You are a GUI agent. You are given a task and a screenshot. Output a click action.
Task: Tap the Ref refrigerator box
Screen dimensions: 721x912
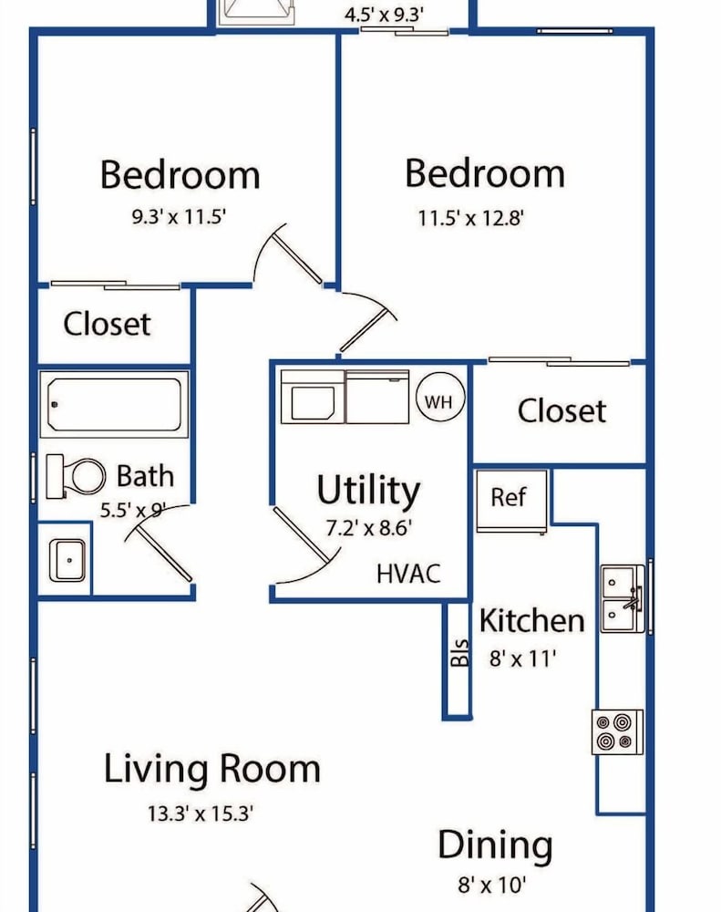511,501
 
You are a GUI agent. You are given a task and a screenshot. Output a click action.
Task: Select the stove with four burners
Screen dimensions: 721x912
617,732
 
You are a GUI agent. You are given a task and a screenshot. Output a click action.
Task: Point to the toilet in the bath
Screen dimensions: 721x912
76,476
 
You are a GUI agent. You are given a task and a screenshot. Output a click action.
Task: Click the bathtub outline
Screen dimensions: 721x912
115,404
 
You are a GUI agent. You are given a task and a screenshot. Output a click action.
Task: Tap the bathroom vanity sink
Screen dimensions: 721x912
67,560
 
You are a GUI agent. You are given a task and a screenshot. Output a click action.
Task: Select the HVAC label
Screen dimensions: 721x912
408,574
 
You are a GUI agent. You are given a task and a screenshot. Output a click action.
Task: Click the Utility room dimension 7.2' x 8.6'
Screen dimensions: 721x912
368,528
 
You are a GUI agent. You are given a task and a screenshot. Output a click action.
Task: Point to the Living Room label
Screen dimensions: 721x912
212,769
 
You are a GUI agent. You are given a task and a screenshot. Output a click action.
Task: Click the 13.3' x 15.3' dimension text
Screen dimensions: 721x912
200,813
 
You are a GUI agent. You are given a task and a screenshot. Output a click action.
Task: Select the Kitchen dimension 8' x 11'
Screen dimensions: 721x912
522,658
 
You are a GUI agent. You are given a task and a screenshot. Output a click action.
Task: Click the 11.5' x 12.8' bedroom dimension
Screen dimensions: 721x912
471,219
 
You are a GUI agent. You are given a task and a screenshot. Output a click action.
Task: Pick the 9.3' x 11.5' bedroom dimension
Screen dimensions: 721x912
179,216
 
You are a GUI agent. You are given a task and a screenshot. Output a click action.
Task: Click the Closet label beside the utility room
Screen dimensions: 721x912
561,410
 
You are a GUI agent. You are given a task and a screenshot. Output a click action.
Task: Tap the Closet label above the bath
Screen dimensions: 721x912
107,324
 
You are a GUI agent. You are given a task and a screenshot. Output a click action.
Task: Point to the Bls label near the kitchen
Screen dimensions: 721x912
459,653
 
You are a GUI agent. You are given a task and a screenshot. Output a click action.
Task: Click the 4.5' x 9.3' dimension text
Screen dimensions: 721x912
384,15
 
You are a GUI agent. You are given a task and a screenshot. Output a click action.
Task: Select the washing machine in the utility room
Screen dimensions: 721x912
313,397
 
